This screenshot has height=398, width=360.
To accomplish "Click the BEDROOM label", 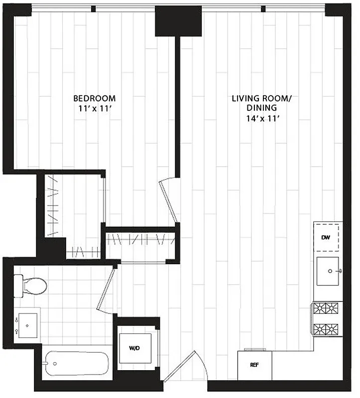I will pos(95,98).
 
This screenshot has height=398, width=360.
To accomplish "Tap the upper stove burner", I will pos(327,308).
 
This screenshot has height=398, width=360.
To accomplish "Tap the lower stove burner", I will pos(327,329).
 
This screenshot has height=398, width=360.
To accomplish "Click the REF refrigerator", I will pos(254,365).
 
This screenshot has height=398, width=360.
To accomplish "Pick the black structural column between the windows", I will pos(178,20).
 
